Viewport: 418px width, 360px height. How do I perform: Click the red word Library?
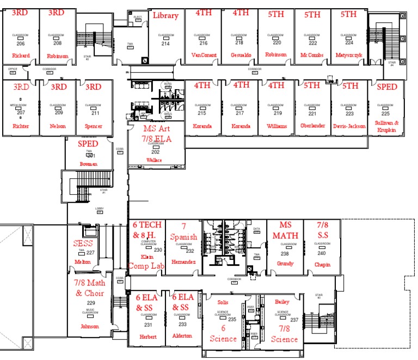pyautogui.click(x=165, y=15)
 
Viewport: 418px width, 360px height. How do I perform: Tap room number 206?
pyautogui.click(x=21, y=43)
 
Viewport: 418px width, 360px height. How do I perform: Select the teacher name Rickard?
pyautogui.click(x=21, y=55)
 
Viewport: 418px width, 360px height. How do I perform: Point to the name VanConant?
pyautogui.click(x=204, y=55)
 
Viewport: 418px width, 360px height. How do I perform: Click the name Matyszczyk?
pyautogui.click(x=348, y=55)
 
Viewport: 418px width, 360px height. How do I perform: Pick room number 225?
pyautogui.click(x=385, y=114)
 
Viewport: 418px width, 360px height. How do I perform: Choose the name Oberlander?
pyautogui.click(x=312, y=126)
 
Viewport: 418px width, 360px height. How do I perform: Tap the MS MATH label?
pyautogui.click(x=285, y=230)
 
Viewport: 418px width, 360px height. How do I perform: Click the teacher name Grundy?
pyautogui.click(x=285, y=264)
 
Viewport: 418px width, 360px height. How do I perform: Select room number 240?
pyautogui.click(x=322, y=253)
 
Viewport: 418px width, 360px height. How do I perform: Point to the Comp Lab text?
pyautogui.click(x=146, y=266)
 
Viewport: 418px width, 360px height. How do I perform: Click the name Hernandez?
pyautogui.click(x=183, y=262)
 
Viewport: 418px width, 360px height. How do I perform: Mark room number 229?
pyautogui.click(x=91, y=303)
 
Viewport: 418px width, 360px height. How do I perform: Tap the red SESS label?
pyautogui.click(x=83, y=243)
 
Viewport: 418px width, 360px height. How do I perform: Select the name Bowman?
pyautogui.click(x=88, y=163)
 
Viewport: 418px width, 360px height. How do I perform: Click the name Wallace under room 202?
pyautogui.click(x=155, y=160)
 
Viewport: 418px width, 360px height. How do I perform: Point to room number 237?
pyautogui.click(x=294, y=320)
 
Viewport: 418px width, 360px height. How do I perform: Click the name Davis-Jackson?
pyautogui.click(x=348, y=126)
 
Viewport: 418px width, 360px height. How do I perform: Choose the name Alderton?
pyautogui.click(x=182, y=336)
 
